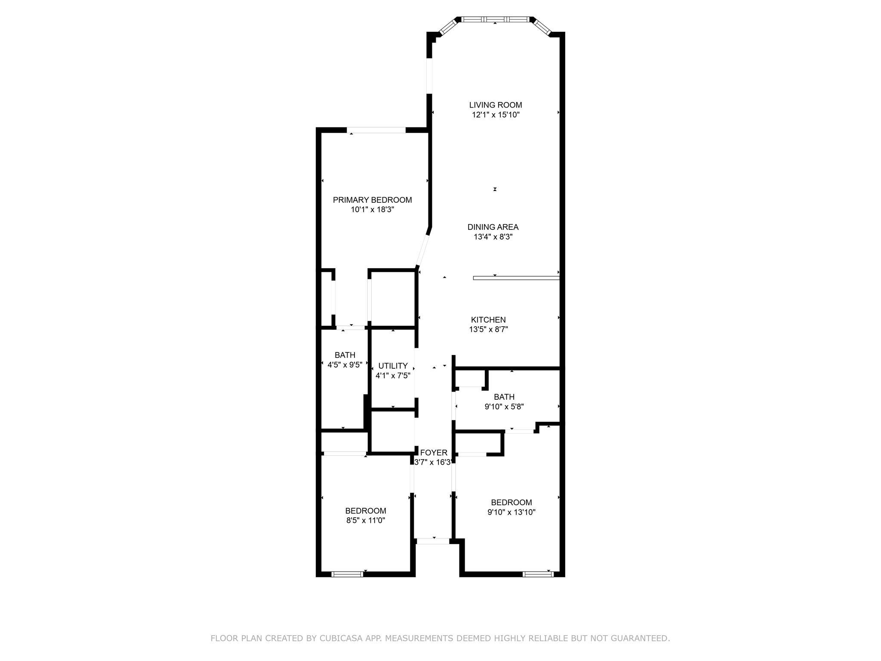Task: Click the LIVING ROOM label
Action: (x=496, y=105)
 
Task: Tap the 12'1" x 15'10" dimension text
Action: (x=496, y=115)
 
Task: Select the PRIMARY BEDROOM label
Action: (x=373, y=200)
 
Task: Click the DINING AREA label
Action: (x=493, y=227)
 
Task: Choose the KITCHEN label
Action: (x=488, y=320)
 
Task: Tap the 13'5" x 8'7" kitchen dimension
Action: (x=488, y=330)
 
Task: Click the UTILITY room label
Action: (x=393, y=366)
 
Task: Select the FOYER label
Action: (x=434, y=453)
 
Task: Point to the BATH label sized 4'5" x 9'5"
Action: (x=345, y=355)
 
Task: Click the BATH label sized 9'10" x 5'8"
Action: (x=504, y=397)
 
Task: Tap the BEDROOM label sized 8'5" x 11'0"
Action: (x=366, y=511)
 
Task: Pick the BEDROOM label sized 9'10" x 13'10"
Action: (x=511, y=502)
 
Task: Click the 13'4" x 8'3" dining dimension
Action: (x=493, y=237)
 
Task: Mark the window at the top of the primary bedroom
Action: (x=376, y=130)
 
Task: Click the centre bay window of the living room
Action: (x=495, y=19)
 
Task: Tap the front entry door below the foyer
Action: (x=433, y=541)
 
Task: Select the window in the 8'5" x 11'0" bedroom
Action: (x=347, y=574)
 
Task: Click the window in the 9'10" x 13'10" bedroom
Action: (x=538, y=574)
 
